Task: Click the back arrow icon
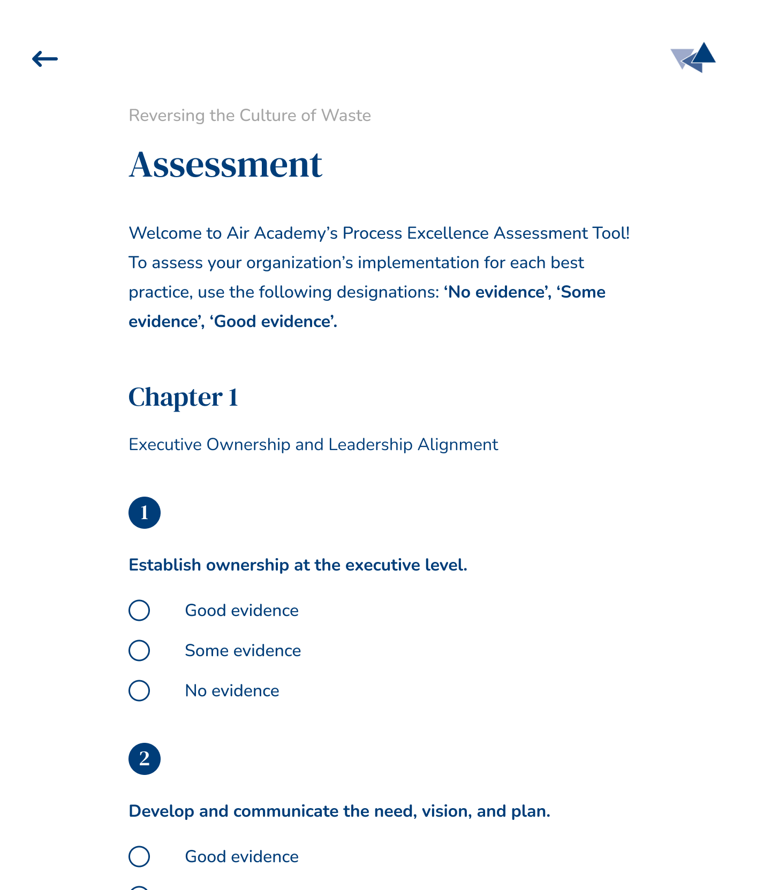[x=45, y=59]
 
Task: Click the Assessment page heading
[x=225, y=164]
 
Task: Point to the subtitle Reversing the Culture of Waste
[x=250, y=116]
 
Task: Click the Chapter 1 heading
[x=183, y=397]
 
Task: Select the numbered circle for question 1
[x=145, y=513]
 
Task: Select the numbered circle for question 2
[x=145, y=759]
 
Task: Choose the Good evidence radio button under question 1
[x=139, y=610]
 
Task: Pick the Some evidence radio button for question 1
[x=139, y=650]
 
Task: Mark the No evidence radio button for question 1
[x=139, y=690]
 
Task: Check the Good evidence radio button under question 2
[x=139, y=856]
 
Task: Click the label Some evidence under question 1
[x=243, y=651]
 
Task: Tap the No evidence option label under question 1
[x=232, y=691]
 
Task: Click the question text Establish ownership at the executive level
[x=298, y=565]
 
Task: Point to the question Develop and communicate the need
[x=339, y=811]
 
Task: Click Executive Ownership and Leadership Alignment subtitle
[x=313, y=445]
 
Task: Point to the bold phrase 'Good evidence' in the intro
[x=273, y=322]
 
